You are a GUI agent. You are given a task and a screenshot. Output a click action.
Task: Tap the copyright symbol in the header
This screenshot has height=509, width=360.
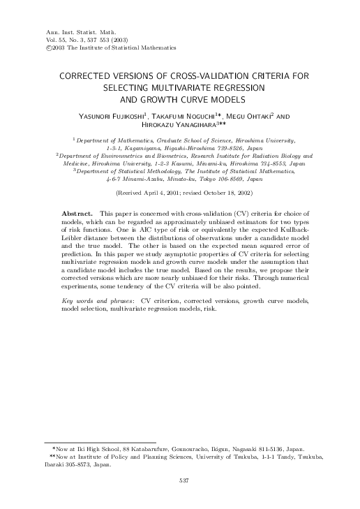click(27, 47)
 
